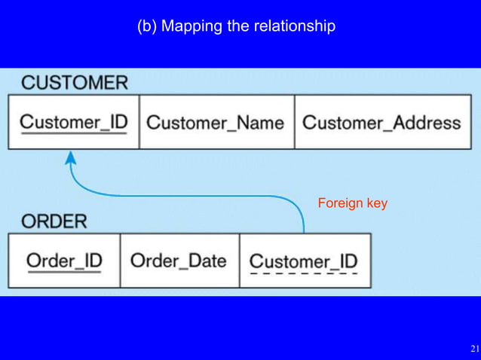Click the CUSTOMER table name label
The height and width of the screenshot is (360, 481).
click(74, 83)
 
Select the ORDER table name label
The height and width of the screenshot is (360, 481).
click(54, 221)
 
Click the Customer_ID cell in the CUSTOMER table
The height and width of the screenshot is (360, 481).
click(73, 122)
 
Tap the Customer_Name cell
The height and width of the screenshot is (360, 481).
click(215, 122)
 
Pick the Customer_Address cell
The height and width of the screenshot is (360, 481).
click(381, 122)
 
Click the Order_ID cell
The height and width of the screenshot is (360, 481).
click(64, 261)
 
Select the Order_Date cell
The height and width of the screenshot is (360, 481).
click(179, 261)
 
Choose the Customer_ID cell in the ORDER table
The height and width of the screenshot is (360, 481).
click(304, 261)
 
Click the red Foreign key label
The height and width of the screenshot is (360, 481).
click(352, 203)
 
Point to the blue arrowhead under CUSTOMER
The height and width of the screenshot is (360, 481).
click(71, 157)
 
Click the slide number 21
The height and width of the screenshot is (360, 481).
click(473, 349)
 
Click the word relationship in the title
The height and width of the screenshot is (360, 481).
click(295, 26)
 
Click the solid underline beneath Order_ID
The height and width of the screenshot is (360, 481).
click(64, 273)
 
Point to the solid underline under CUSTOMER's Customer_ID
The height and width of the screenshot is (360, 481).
click(73, 135)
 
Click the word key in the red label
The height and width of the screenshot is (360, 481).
click(376, 203)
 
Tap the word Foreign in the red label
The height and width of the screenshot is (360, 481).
click(340, 203)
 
